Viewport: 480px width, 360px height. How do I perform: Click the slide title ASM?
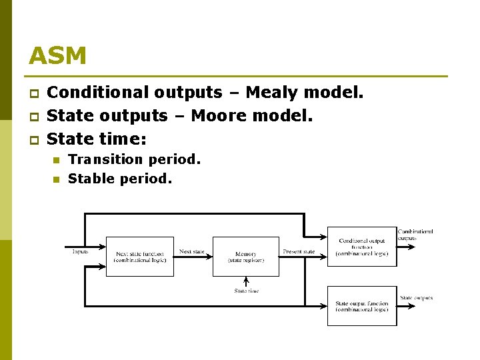(x=57, y=56)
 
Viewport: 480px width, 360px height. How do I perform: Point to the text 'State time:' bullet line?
(x=97, y=139)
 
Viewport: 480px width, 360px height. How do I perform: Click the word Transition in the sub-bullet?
(x=105, y=159)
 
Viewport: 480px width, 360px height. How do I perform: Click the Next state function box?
(x=140, y=256)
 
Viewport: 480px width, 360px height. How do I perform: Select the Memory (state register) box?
(x=245, y=256)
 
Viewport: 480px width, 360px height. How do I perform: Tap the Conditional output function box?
(x=361, y=247)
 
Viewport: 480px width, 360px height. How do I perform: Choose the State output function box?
(x=361, y=306)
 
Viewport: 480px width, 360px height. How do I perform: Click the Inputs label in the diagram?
(x=81, y=251)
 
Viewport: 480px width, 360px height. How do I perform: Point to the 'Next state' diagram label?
(x=192, y=251)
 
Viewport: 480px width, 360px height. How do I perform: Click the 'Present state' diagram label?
(x=299, y=251)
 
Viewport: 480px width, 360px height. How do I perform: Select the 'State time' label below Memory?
(x=246, y=291)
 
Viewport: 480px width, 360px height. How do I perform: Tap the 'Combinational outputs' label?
(x=415, y=234)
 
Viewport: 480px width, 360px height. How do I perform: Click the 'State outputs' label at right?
(x=416, y=298)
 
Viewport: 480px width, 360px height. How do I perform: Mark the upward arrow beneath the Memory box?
(x=246, y=281)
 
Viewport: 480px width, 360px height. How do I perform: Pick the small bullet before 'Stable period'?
(x=56, y=179)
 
